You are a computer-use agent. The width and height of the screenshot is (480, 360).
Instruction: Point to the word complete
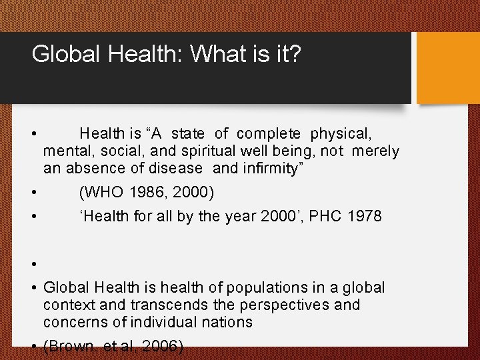click(269, 134)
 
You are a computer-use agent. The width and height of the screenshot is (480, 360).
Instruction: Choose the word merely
click(375, 151)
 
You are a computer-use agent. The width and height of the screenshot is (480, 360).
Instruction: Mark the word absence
click(90, 169)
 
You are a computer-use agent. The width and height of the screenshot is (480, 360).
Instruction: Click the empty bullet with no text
click(33, 264)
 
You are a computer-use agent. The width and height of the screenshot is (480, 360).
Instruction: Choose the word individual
click(165, 323)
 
